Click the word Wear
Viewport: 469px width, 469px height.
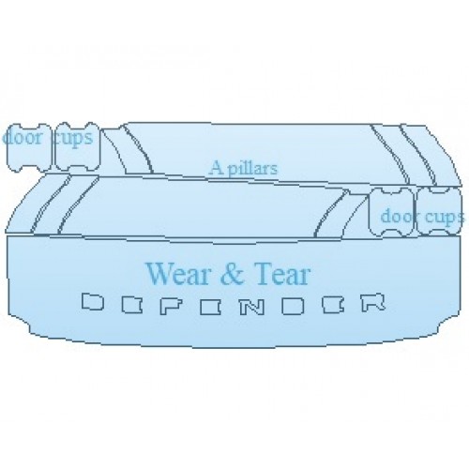point(177,274)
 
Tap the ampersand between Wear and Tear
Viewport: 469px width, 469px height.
point(232,274)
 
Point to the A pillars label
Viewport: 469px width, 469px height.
point(244,168)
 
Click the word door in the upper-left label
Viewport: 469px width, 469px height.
point(23,138)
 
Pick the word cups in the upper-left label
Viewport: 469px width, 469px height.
point(73,138)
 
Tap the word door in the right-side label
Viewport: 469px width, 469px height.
point(397,216)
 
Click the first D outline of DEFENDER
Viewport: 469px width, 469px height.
point(93,302)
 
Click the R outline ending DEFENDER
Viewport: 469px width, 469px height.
point(373,302)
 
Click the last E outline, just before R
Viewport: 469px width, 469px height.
point(333,304)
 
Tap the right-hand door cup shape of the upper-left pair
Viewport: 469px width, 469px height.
point(77,146)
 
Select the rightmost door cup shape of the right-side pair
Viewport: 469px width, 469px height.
point(438,211)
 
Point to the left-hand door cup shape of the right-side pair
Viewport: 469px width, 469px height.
point(391,211)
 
